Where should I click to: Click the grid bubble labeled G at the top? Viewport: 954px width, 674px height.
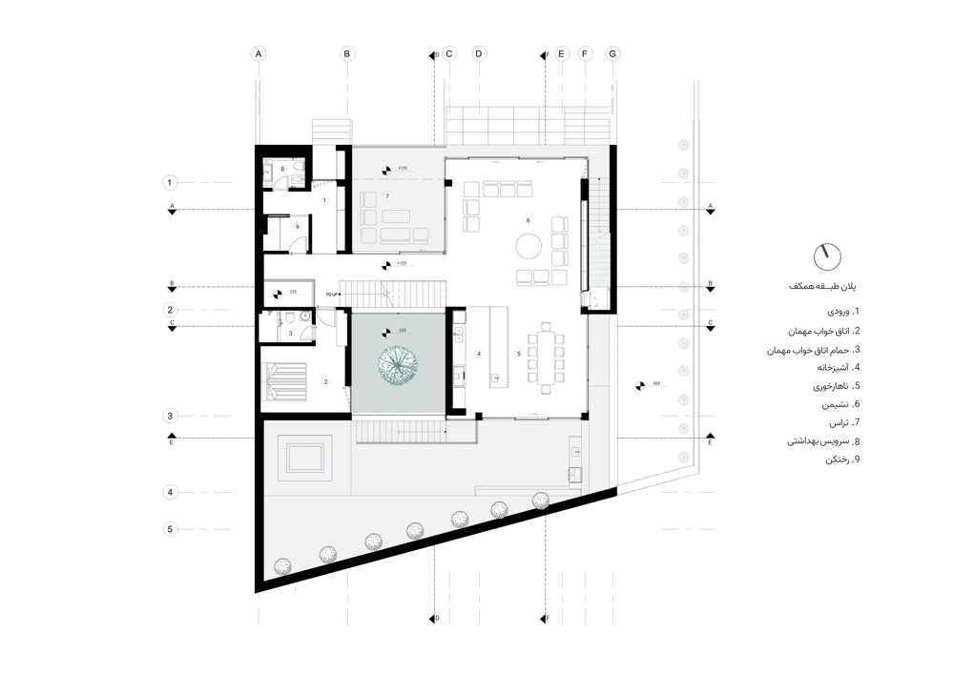point(612,54)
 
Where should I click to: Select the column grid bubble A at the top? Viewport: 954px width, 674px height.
point(258,54)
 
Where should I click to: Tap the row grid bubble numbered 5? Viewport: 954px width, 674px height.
point(170,529)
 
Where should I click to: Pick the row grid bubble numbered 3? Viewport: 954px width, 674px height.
point(170,416)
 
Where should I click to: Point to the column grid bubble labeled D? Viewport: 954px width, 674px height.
point(479,54)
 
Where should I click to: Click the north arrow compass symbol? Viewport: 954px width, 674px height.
point(827,255)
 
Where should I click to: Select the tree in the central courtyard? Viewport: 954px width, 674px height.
point(398,364)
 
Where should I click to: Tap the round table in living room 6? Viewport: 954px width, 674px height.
point(529,246)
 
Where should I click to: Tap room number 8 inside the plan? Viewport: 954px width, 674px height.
point(282,169)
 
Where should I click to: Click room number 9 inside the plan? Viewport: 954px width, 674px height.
point(297,226)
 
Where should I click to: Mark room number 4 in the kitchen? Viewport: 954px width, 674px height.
point(479,353)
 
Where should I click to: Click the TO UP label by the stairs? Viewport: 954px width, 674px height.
point(332,295)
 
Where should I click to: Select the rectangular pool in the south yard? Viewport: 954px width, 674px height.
point(303,460)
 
